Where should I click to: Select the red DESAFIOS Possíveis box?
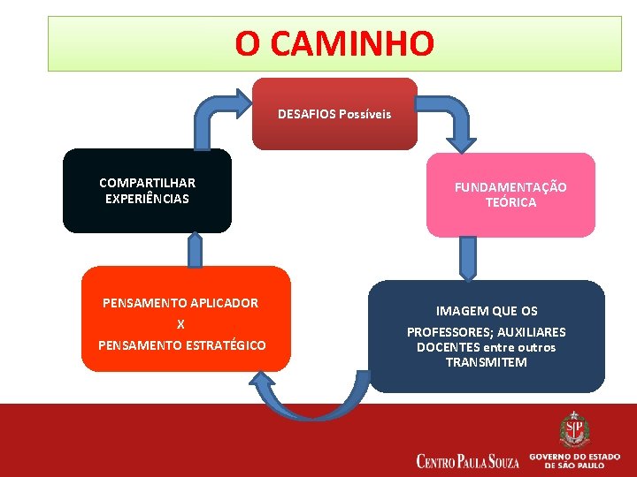pos(334,114)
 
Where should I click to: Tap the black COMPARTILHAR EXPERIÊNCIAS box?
pos(147,191)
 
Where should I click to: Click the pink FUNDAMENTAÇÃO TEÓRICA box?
pos(510,195)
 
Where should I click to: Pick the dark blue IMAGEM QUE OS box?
pos(486,337)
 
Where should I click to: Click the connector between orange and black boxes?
pos(195,249)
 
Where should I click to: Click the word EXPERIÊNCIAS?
pos(147,199)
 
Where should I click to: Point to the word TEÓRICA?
pos(510,202)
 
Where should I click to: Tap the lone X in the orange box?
pos(180,324)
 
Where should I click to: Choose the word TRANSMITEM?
pos(486,362)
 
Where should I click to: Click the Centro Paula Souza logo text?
pos(466,460)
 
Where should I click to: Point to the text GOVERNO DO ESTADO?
pos(574,456)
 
